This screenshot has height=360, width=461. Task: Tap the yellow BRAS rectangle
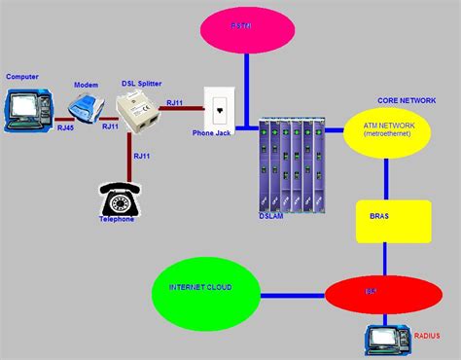[390, 222]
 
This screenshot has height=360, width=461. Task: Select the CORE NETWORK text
[406, 99]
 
